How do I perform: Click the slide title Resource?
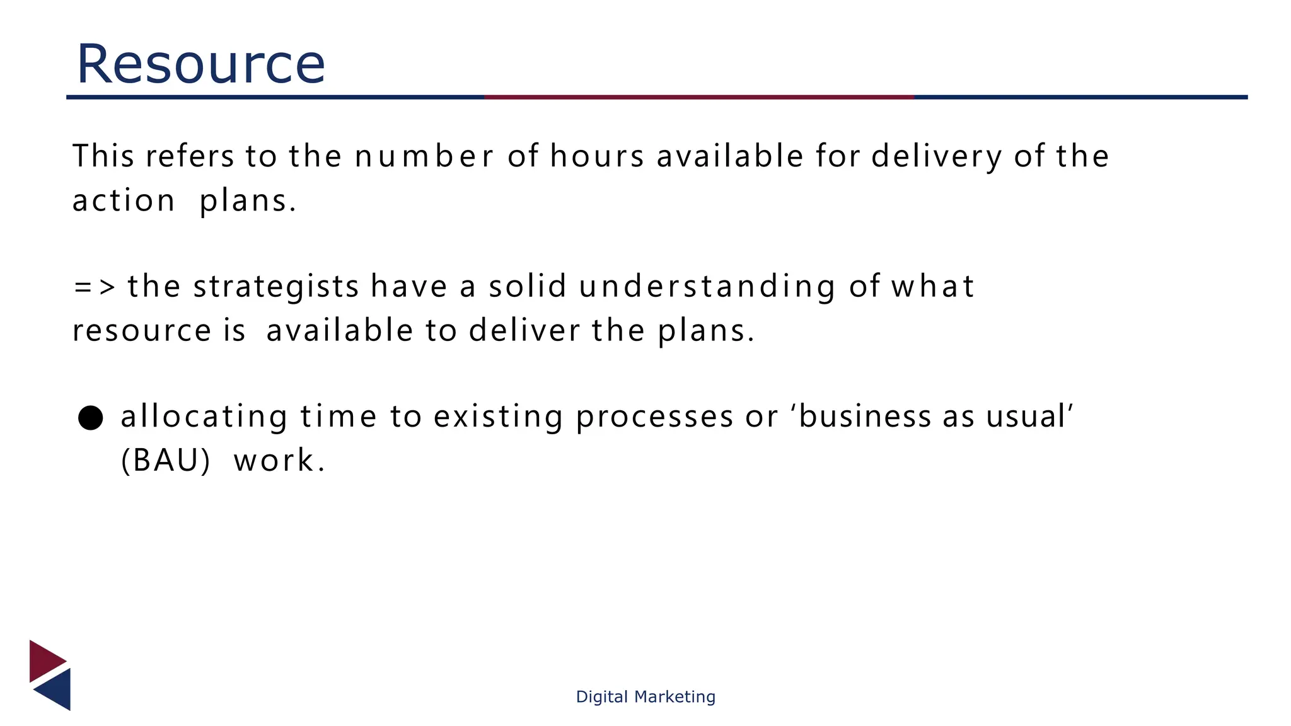(x=200, y=64)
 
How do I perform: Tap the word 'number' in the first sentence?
(x=424, y=156)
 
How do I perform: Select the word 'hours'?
(x=597, y=156)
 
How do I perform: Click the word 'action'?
(x=124, y=202)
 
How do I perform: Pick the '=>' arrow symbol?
(x=95, y=287)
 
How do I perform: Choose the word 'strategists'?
(x=276, y=287)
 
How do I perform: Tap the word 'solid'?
(x=528, y=286)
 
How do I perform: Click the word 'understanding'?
(x=707, y=287)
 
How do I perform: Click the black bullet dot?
(x=91, y=418)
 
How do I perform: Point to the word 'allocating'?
(x=204, y=417)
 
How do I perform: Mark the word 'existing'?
(x=498, y=417)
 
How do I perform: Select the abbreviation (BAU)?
(x=165, y=461)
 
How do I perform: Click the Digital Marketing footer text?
(x=645, y=696)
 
